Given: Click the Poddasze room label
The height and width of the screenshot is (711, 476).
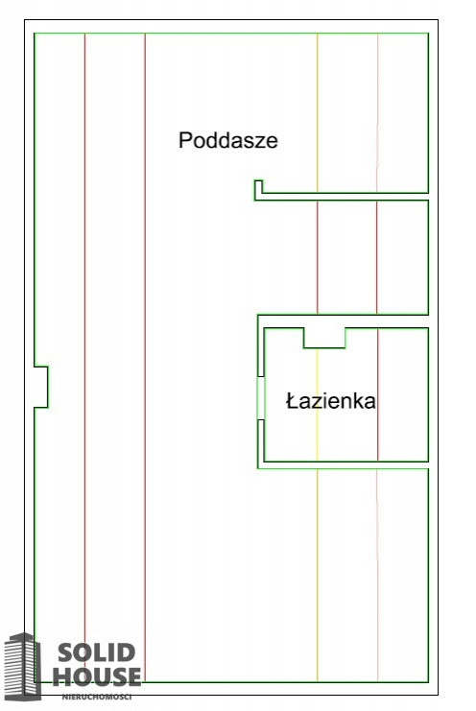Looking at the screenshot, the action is [228, 140].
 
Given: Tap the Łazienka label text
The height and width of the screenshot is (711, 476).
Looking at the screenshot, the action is [331, 401].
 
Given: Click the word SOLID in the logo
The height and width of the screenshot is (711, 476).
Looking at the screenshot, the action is [97, 653].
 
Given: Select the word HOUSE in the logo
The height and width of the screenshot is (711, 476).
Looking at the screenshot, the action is [97, 676].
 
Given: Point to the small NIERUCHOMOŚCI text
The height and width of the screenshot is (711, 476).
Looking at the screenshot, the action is [97, 697].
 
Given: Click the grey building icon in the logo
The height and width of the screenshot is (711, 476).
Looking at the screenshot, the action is [23, 666].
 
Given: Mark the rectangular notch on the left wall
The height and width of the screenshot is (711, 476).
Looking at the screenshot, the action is [41, 387].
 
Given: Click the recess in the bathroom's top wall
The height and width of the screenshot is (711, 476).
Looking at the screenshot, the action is [324, 338].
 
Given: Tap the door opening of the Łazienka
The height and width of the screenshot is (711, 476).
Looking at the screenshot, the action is [261, 398].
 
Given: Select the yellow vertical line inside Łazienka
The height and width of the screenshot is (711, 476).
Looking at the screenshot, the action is [317, 405].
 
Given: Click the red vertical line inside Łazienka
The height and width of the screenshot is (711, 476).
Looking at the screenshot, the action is [377, 394].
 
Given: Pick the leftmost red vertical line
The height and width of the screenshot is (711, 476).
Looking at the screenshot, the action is [84, 357].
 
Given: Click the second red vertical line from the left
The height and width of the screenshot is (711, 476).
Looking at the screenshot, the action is [145, 357].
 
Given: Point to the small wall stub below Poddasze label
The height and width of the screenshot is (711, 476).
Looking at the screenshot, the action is [258, 190].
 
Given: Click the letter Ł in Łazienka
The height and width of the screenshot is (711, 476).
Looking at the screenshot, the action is [292, 401].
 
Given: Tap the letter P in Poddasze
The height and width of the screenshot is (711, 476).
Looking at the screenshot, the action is [185, 140].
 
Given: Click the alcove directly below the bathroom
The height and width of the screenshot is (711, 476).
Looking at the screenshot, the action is [344, 575].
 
